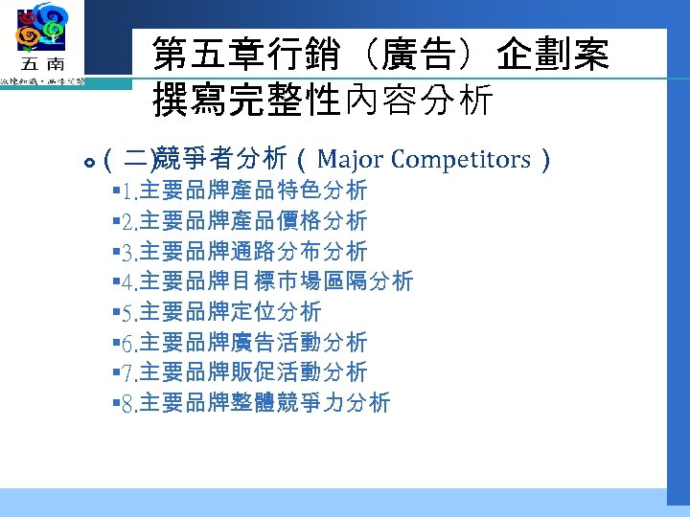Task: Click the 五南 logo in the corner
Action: pos(42,43)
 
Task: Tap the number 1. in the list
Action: pos(130,191)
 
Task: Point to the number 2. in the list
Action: pos(130,221)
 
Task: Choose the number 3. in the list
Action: pos(130,252)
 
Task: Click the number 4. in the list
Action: pos(130,281)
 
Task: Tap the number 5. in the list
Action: pos(130,312)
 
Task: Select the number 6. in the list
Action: pos(130,343)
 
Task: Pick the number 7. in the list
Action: pos(130,372)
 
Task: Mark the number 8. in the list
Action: pos(130,403)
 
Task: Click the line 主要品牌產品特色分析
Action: pos(253,191)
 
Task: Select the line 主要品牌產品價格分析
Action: pos(253,221)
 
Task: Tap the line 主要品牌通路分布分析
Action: pos(253,252)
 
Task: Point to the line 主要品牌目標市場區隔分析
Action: pos(276,281)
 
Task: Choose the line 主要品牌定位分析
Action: pos(230,312)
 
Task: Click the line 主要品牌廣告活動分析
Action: pos(253,343)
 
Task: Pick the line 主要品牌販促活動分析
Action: pos(253,372)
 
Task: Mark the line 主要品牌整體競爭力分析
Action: pos(264,403)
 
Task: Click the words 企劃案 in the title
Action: pos(553,56)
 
